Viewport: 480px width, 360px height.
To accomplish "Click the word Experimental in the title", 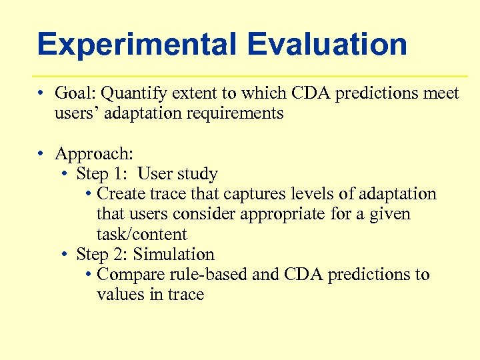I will (137, 45).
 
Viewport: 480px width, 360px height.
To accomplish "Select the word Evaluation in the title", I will (327, 45).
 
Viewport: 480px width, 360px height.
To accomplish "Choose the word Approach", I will (93, 154).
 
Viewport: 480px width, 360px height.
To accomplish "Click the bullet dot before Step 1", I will (64, 175).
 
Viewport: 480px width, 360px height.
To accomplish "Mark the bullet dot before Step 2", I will (64, 255).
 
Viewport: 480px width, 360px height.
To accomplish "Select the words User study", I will (177, 175).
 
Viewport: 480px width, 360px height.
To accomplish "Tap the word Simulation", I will (173, 255).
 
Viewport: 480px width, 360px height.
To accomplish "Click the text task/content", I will (141, 235).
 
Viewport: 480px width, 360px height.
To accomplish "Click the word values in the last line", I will (120, 295).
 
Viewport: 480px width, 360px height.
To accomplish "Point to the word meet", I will (441, 93).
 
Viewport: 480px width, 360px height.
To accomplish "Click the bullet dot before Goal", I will (41, 94).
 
